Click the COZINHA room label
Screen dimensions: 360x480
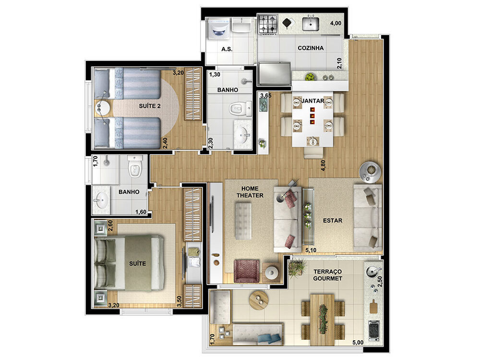[x=311, y=48]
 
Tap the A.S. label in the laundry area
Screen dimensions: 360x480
[x=227, y=49]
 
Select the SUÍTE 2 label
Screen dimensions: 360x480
[x=150, y=106]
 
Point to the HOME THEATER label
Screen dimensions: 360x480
[x=250, y=192]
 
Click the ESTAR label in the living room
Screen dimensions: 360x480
[x=332, y=221]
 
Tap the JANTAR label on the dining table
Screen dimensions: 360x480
[x=312, y=101]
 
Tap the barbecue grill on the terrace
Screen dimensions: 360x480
[x=373, y=329]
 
